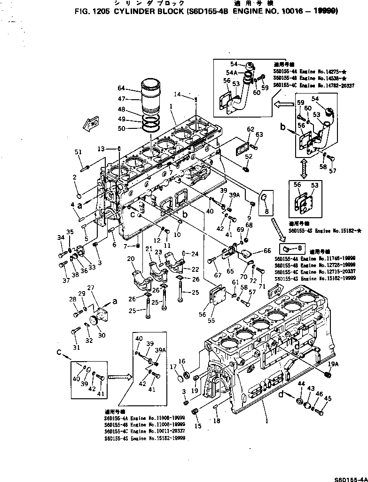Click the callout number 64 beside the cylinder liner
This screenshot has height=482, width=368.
[121, 88]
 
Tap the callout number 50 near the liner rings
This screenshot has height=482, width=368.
[121, 128]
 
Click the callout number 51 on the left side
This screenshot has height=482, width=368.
[78, 151]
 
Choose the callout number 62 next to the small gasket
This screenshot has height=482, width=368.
[250, 129]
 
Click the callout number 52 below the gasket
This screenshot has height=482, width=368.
[248, 156]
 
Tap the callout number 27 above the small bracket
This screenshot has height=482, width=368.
[91, 288]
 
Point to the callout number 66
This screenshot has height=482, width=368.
[267, 250]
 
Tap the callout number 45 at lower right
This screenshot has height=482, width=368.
[328, 399]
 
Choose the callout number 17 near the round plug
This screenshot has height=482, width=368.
[172, 366]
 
